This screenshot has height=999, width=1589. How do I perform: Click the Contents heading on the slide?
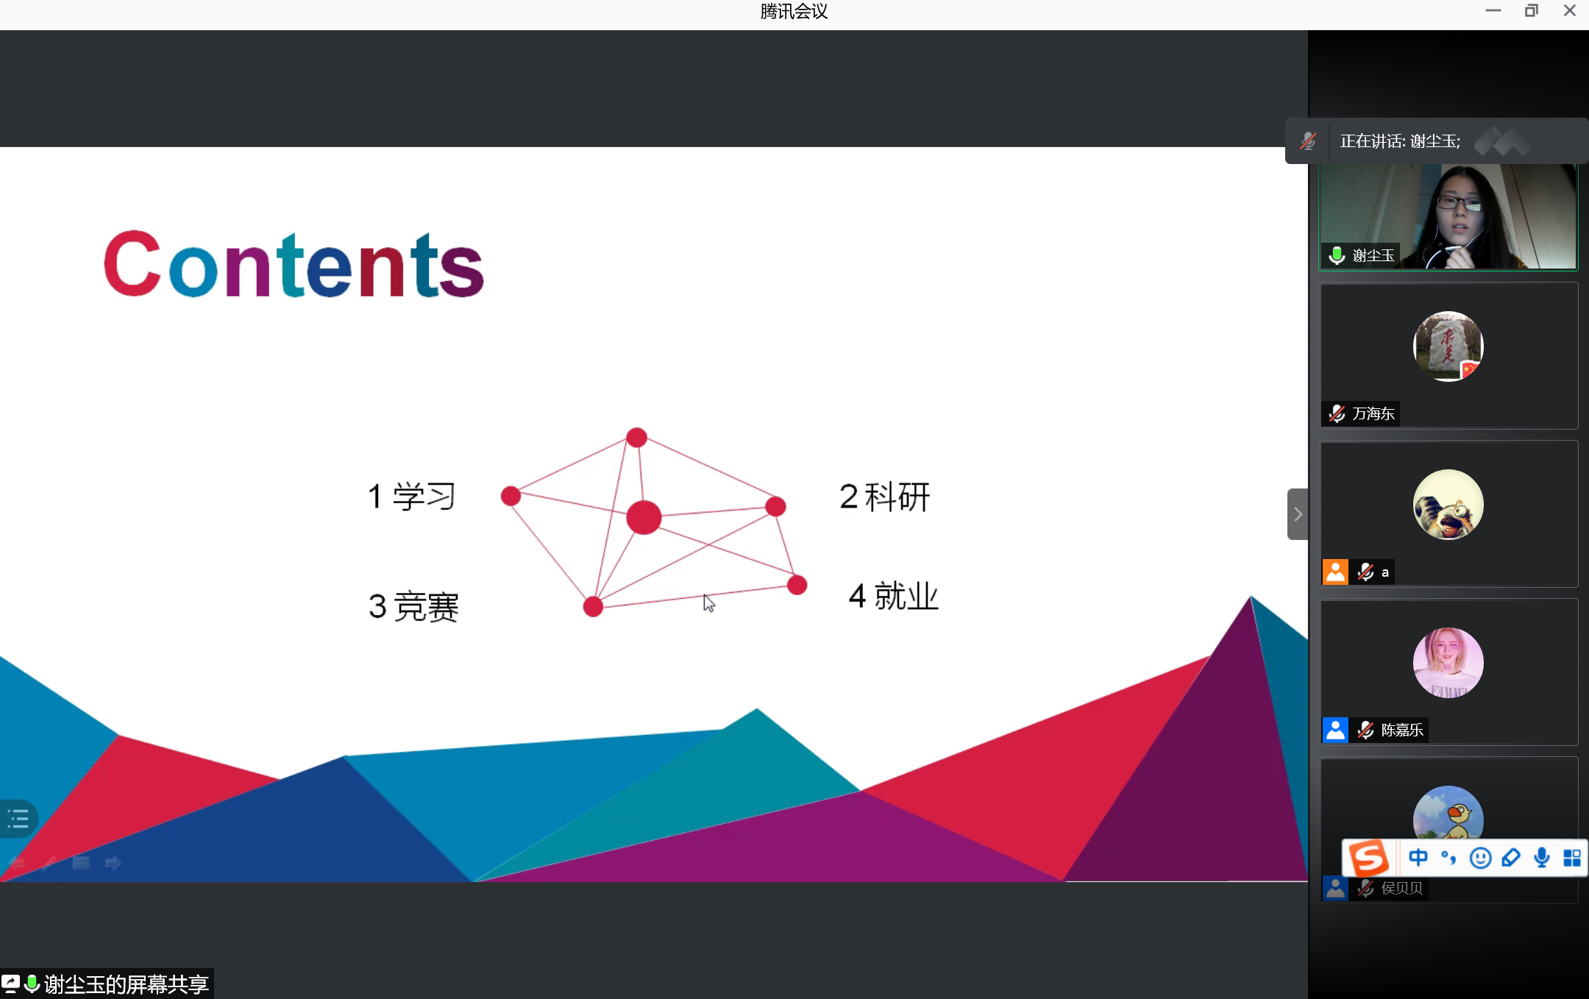(x=294, y=264)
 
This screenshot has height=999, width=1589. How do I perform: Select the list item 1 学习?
(x=412, y=497)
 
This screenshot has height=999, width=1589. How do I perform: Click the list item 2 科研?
(x=885, y=497)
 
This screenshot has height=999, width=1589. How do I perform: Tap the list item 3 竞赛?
(x=413, y=607)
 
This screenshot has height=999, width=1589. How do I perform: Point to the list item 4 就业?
(x=894, y=596)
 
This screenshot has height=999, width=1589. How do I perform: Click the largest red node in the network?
(x=644, y=517)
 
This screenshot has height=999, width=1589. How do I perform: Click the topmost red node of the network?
(x=636, y=438)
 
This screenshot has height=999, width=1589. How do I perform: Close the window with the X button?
(x=1569, y=11)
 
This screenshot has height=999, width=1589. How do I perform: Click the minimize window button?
(x=1493, y=11)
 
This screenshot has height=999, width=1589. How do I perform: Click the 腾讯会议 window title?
(x=794, y=12)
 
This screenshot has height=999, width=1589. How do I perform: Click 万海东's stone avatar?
(x=1448, y=346)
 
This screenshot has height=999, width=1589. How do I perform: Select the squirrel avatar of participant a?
(x=1448, y=505)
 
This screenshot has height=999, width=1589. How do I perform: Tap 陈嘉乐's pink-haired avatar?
(x=1448, y=663)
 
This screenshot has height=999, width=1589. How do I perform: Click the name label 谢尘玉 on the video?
(x=1373, y=255)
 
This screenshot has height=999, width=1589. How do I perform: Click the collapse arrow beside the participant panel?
(x=1298, y=514)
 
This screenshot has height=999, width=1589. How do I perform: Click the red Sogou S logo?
(x=1368, y=858)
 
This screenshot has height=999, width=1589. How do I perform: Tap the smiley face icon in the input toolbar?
(x=1480, y=858)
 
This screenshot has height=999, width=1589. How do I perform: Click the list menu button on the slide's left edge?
(x=18, y=818)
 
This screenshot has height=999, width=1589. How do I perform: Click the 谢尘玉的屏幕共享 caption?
(x=126, y=984)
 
